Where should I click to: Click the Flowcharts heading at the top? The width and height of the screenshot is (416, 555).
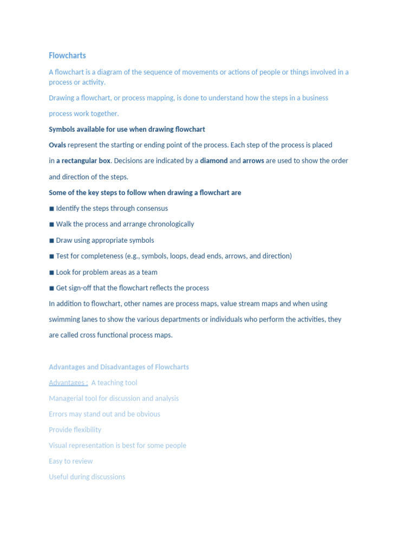(67, 55)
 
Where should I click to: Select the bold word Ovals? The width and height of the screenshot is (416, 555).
(57, 145)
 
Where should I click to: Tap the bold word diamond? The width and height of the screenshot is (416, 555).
(213, 161)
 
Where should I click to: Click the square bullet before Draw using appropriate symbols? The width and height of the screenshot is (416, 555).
(51, 240)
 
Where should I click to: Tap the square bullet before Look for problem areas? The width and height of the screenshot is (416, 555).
(51, 272)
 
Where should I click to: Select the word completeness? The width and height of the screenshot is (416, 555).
(100, 256)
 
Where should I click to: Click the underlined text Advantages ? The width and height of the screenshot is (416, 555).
(68, 383)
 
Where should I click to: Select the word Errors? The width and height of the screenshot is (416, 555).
(58, 414)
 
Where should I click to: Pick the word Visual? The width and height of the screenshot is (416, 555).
(58, 446)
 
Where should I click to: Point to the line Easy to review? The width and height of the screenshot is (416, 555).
(70, 461)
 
